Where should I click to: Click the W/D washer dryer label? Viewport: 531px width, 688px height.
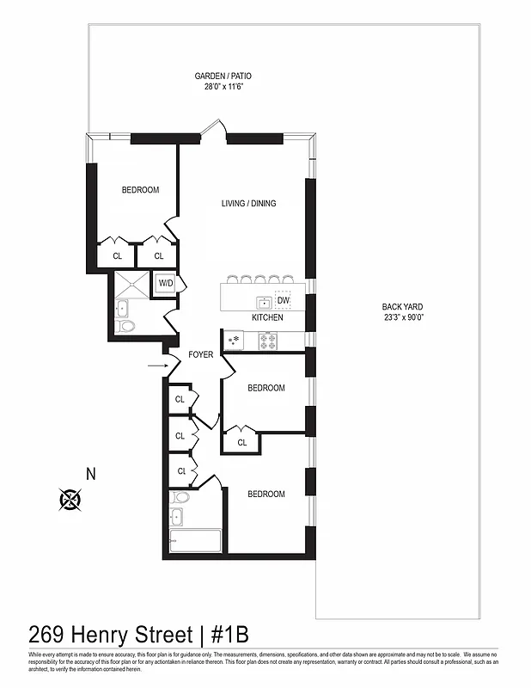pyautogui.click(x=165, y=283)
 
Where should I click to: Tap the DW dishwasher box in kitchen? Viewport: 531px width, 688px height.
pyautogui.click(x=283, y=300)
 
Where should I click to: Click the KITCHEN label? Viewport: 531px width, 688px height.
pyautogui.click(x=267, y=318)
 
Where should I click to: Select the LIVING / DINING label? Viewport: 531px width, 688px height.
pyautogui.click(x=248, y=204)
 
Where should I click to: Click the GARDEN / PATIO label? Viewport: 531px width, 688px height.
pyautogui.click(x=222, y=76)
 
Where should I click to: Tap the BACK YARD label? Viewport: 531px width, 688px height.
pyautogui.click(x=403, y=307)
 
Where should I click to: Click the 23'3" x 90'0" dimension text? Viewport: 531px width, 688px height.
pyautogui.click(x=403, y=318)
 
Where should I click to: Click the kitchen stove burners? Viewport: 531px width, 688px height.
pyautogui.click(x=267, y=341)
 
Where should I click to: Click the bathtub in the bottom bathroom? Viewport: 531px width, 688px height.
pyautogui.click(x=196, y=542)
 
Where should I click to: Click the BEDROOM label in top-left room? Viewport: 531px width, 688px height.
pyautogui.click(x=140, y=190)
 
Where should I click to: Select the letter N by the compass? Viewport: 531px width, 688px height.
pyautogui.click(x=90, y=472)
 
